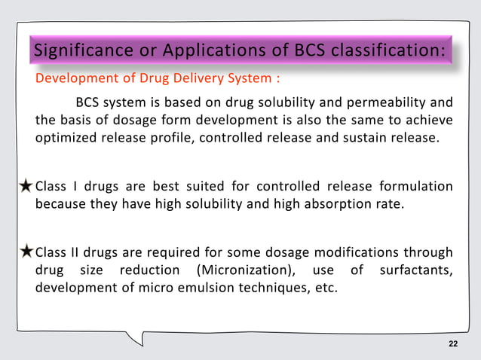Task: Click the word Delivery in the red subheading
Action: (x=180, y=78)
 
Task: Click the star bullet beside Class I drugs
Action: (x=26, y=187)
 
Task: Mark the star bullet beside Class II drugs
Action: (x=26, y=252)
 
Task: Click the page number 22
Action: (x=452, y=344)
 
